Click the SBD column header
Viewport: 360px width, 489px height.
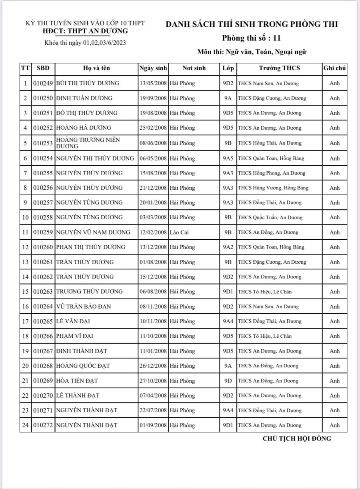pyautogui.click(x=43, y=68)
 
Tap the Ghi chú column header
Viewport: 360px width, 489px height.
pyautogui.click(x=334, y=68)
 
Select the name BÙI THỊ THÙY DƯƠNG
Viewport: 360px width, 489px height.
pyautogui.click(x=88, y=83)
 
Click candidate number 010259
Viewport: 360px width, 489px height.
pyautogui.click(x=43, y=232)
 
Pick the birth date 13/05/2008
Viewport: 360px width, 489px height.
pyautogui.click(x=153, y=83)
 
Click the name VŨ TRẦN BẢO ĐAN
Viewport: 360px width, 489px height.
pyautogui.click(x=84, y=307)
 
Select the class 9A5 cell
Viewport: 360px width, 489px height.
pyautogui.click(x=228, y=158)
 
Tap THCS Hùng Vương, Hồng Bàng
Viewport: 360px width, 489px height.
pyautogui.click(x=273, y=188)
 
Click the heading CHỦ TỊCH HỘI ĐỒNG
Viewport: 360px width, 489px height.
pyautogui.click(x=297, y=438)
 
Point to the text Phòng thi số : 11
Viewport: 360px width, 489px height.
pyautogui.click(x=252, y=38)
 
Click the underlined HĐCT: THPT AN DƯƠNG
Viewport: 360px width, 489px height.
pyautogui.click(x=85, y=31)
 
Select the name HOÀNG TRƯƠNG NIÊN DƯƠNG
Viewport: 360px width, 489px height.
pyautogui.click(x=88, y=143)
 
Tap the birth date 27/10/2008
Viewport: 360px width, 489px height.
pyautogui.click(x=153, y=381)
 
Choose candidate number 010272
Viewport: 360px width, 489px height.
pyautogui.click(x=43, y=425)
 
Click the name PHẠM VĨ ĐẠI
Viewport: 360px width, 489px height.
pyautogui.click(x=75, y=336)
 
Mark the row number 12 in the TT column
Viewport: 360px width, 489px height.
pyautogui.click(x=25, y=247)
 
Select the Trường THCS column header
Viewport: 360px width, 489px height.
pyautogui.click(x=279, y=68)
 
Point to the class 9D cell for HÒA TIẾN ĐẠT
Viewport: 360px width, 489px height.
pyautogui.click(x=228, y=381)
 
